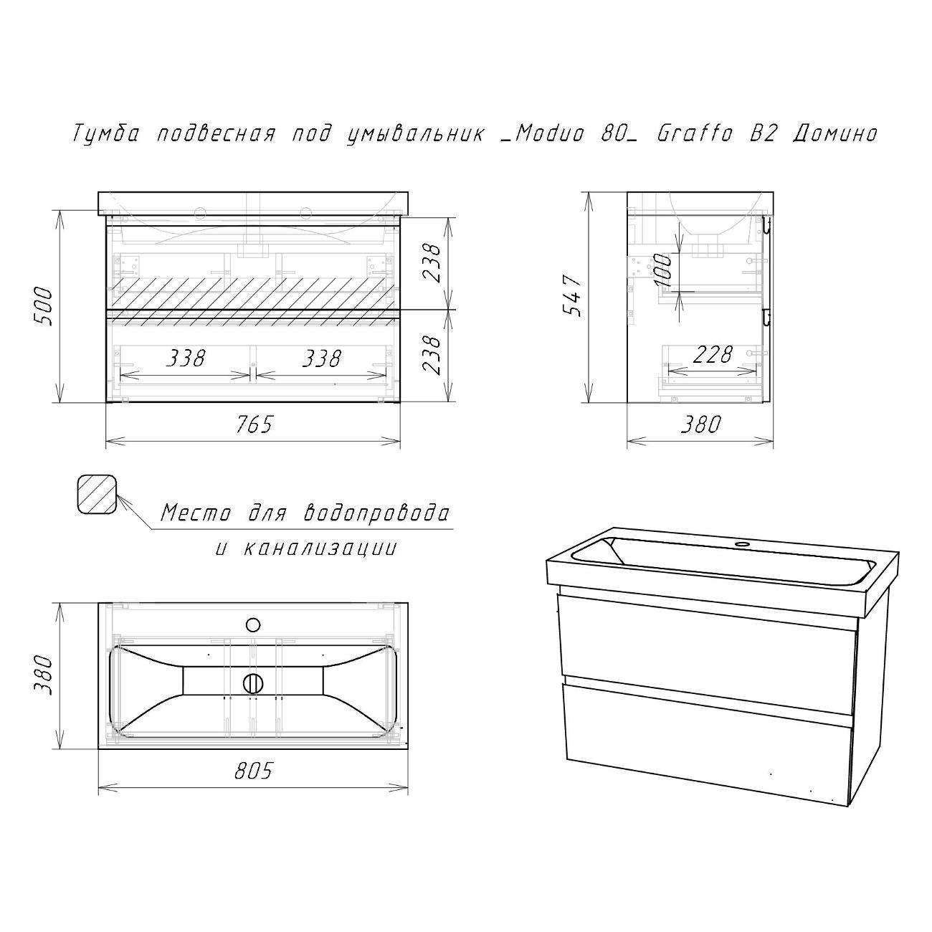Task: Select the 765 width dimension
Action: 255,424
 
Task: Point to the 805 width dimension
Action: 254,771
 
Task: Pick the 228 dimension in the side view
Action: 713,355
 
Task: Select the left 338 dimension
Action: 186,358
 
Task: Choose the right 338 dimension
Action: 322,358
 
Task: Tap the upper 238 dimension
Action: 432,262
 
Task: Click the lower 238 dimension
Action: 432,355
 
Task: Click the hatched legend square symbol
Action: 98,494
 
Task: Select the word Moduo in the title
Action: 548,133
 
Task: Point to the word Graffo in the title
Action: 695,133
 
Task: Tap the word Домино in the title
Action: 835,134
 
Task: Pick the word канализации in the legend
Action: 319,548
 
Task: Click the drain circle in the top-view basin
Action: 253,683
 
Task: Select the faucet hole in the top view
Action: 253,624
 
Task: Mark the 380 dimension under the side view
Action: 700,424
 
